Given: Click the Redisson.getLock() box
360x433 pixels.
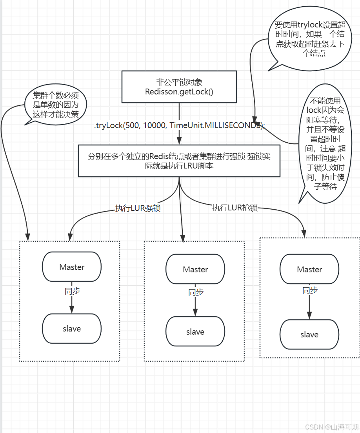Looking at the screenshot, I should coord(179,87).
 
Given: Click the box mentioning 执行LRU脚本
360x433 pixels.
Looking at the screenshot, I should coord(179,161).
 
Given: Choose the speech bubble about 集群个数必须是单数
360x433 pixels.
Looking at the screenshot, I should coord(55,105).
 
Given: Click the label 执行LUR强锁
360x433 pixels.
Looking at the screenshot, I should coord(138,208).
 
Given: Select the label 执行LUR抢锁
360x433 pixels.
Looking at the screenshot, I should coord(235,208).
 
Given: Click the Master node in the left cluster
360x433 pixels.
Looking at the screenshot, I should coord(72,267).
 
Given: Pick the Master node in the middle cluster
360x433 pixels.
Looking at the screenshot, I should coord(195,269).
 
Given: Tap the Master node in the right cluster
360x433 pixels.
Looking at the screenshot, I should coord(309,269).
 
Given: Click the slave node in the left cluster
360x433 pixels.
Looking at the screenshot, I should coord(72,328).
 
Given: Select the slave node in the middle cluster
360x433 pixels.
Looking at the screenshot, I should coord(195,332).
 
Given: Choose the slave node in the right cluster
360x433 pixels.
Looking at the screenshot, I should coord(309,334).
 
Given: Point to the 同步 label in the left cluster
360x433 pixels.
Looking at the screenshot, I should coord(72,291).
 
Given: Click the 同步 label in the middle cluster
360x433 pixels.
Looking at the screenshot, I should coord(196,292).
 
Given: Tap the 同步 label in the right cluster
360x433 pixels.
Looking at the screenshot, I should coord(310,290).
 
